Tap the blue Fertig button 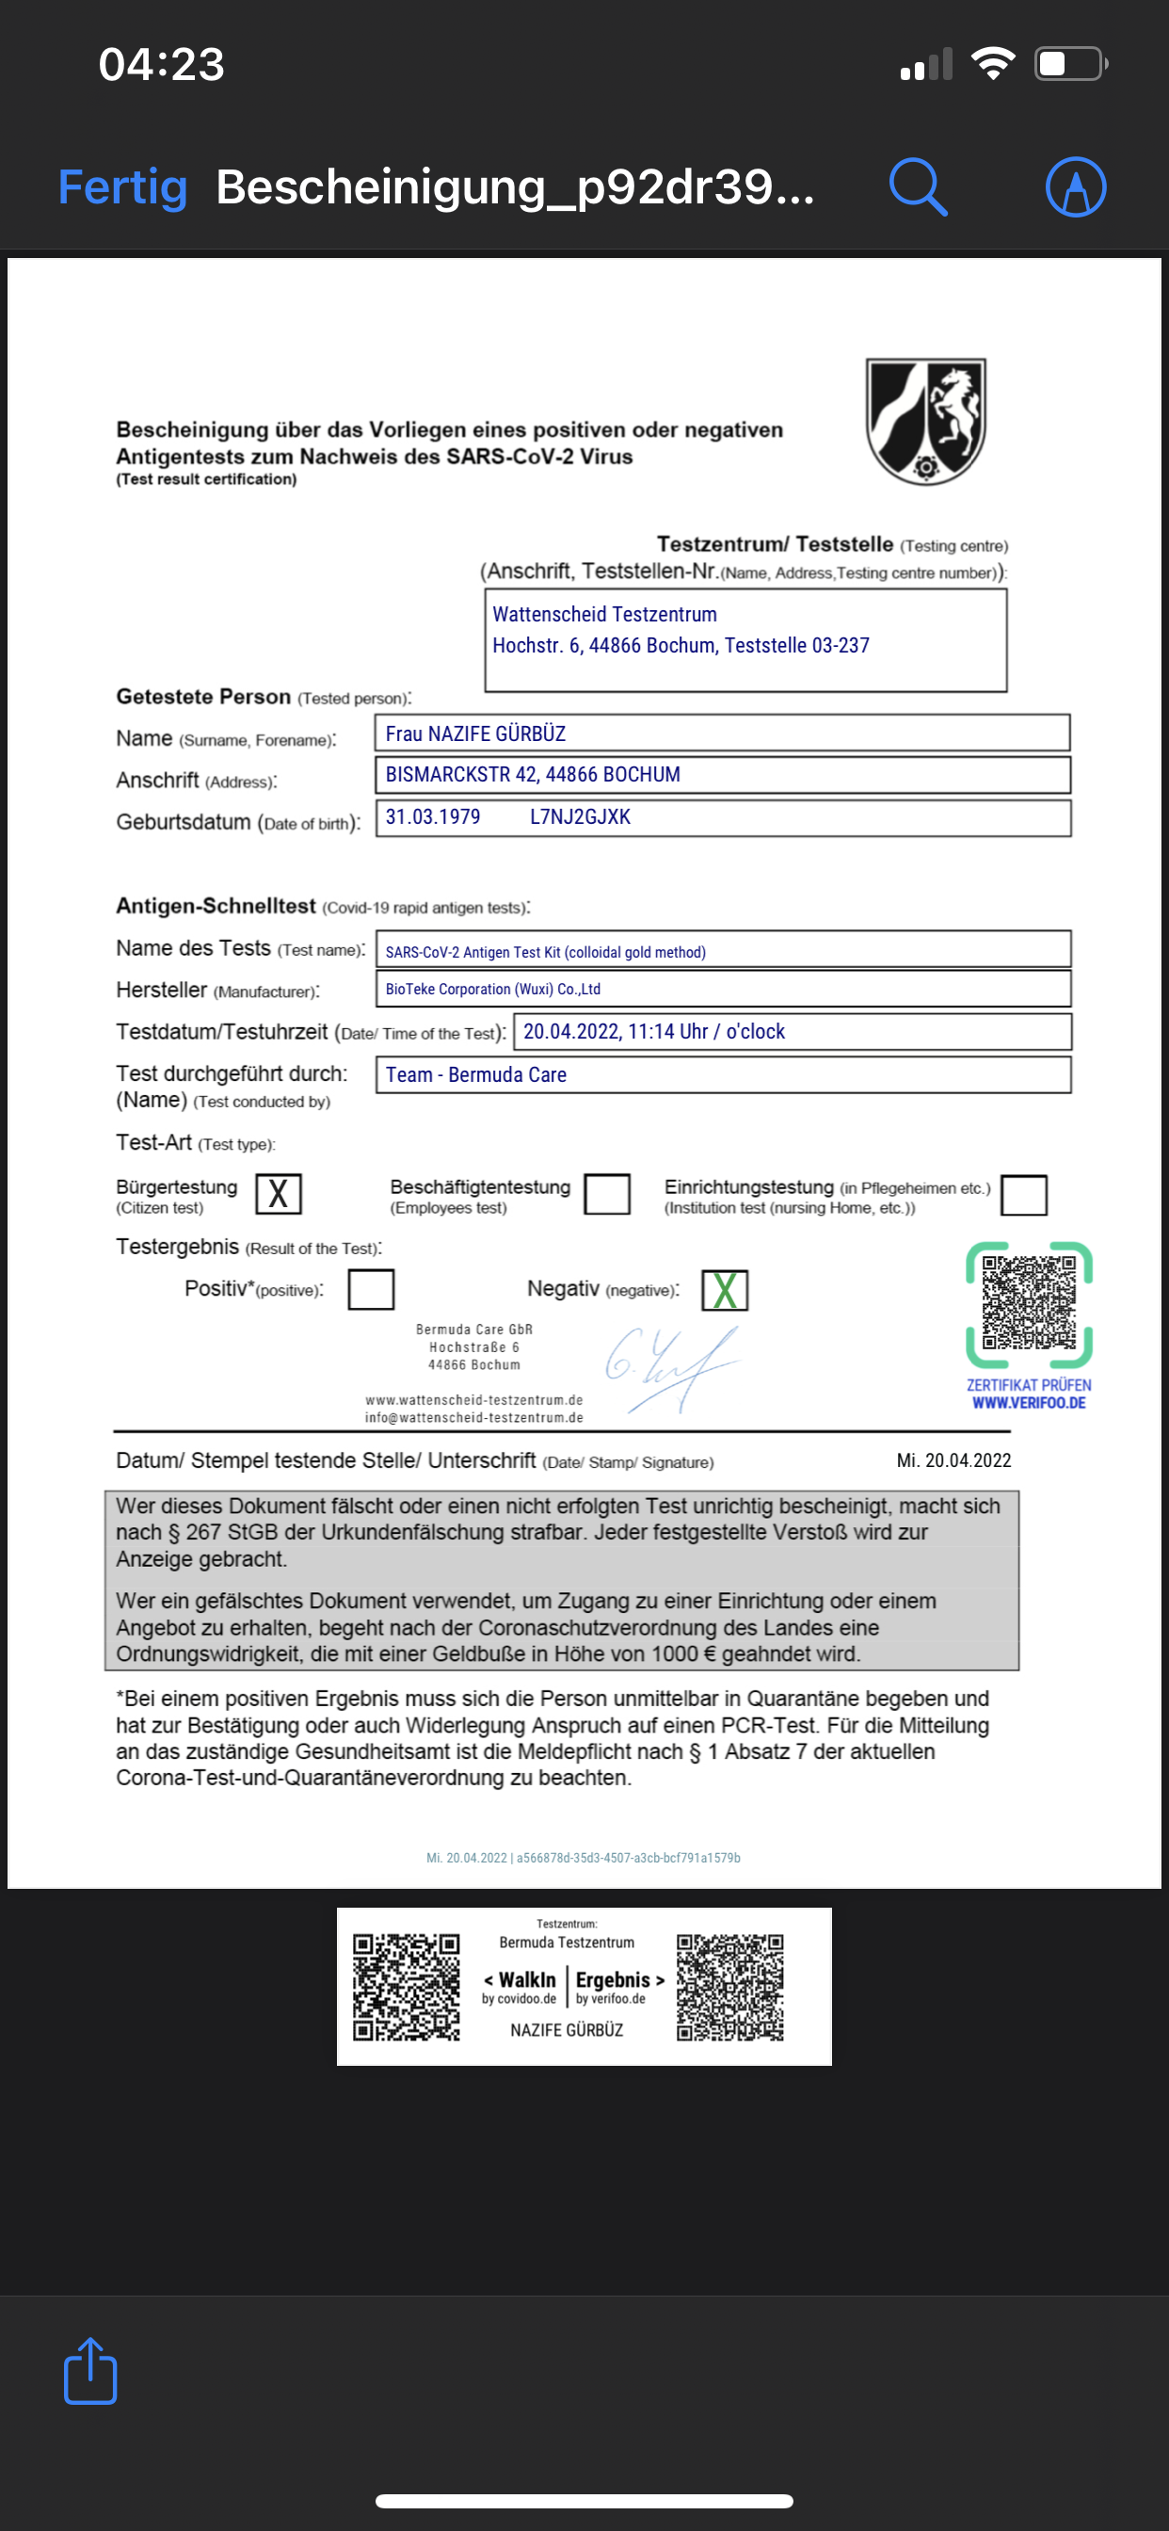click(122, 186)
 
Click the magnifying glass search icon click(918, 186)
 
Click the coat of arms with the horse click(925, 422)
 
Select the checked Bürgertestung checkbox click(278, 1194)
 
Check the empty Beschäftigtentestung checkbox click(607, 1194)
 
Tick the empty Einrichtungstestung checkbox click(1024, 1195)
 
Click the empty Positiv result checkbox click(372, 1289)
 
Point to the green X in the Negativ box click(725, 1290)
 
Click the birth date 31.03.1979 click(433, 816)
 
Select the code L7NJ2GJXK click(580, 816)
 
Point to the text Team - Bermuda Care click(475, 1074)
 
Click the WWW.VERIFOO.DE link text click(1029, 1403)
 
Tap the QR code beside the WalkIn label click(407, 1987)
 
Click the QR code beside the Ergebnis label click(729, 1987)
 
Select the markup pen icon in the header click(1076, 186)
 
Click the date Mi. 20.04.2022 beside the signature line click(953, 1460)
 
